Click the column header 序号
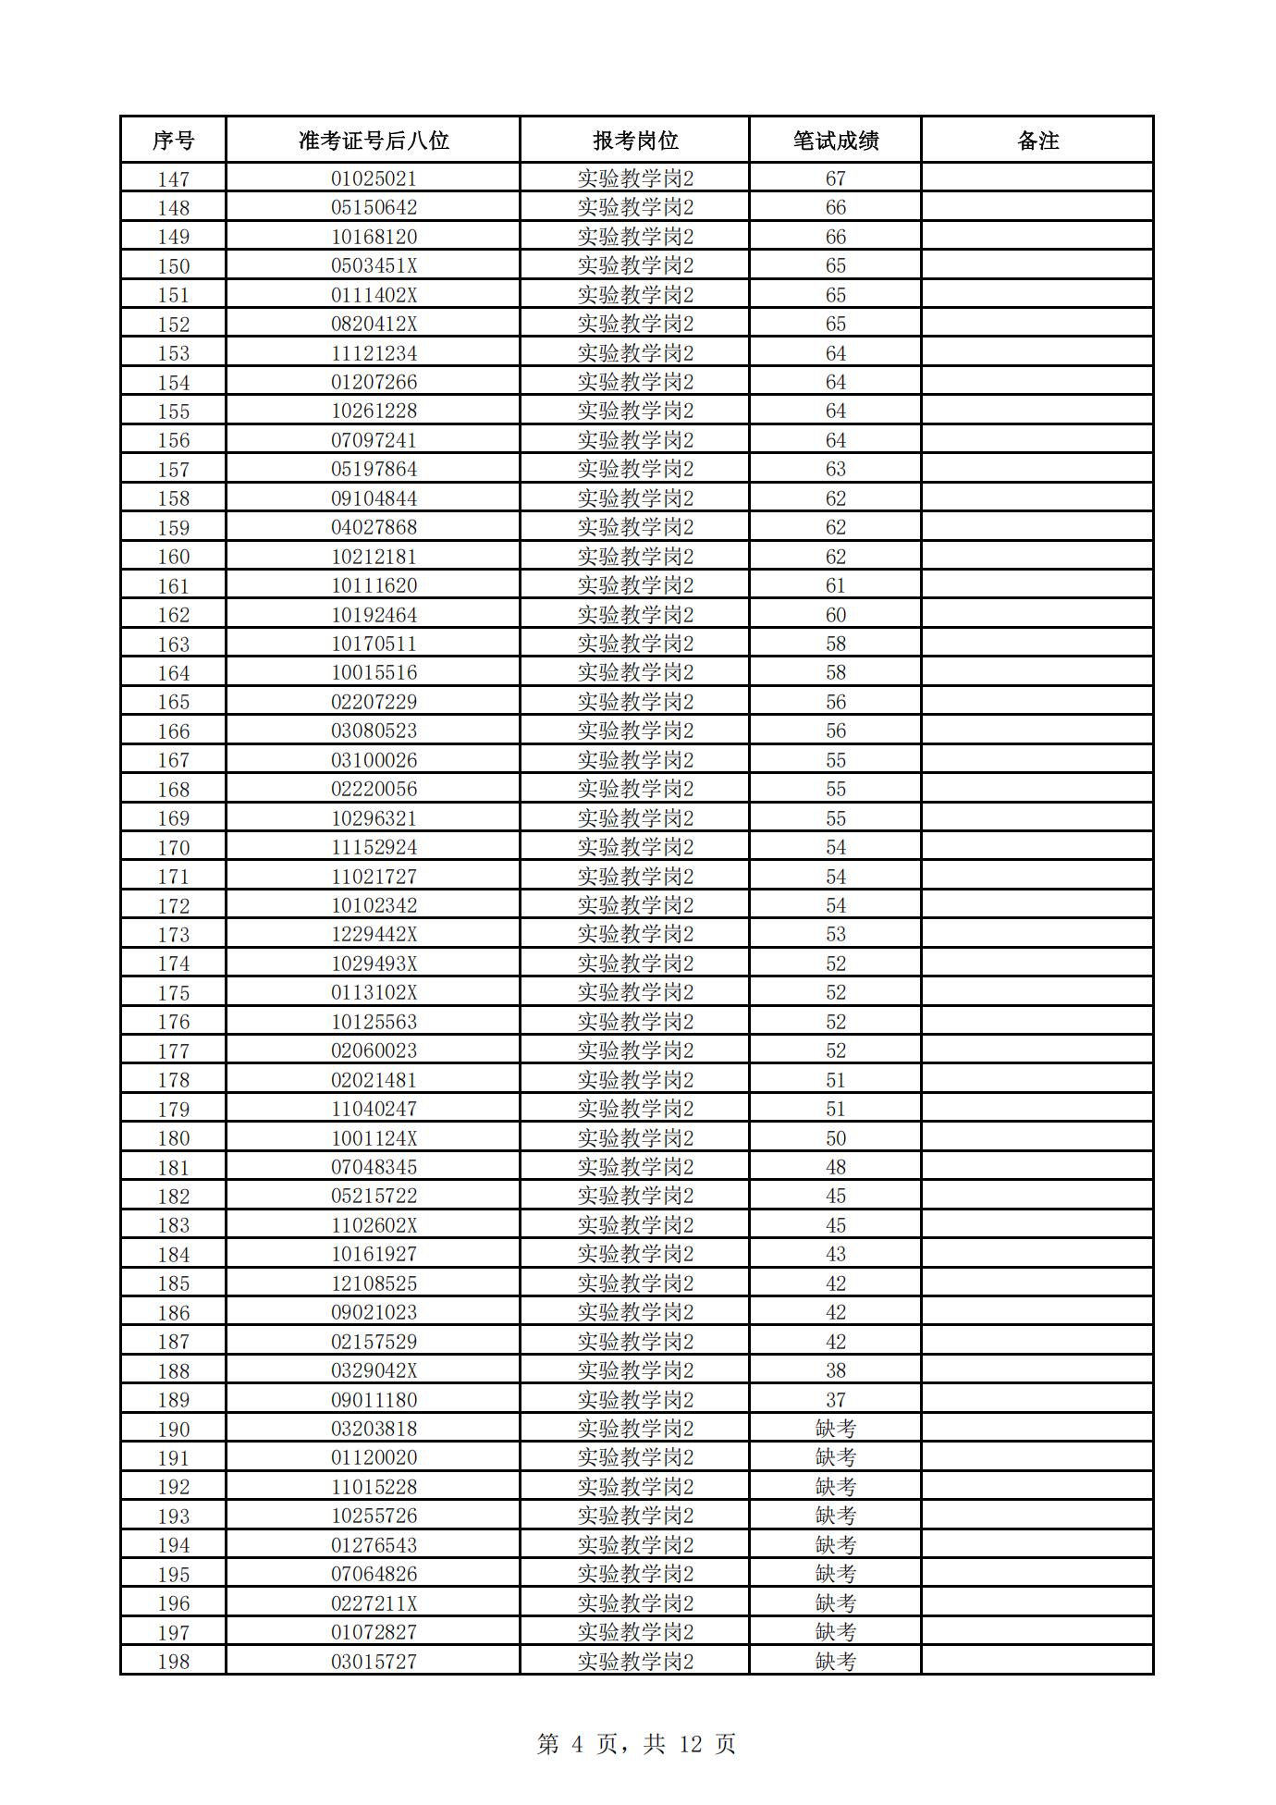click(173, 141)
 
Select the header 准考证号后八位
click(373, 141)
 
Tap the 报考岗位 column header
click(635, 141)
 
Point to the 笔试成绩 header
click(835, 141)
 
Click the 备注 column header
click(1037, 141)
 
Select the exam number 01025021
click(374, 178)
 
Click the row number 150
click(173, 266)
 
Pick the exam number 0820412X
click(374, 325)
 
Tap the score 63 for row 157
click(835, 470)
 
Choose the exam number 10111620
click(374, 585)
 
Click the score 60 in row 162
click(835, 615)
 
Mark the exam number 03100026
click(374, 760)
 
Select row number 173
click(173, 935)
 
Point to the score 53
click(835, 935)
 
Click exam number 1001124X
click(374, 1138)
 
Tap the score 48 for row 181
click(835, 1167)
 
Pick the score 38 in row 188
click(835, 1370)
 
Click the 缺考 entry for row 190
click(835, 1429)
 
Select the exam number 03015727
click(374, 1662)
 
